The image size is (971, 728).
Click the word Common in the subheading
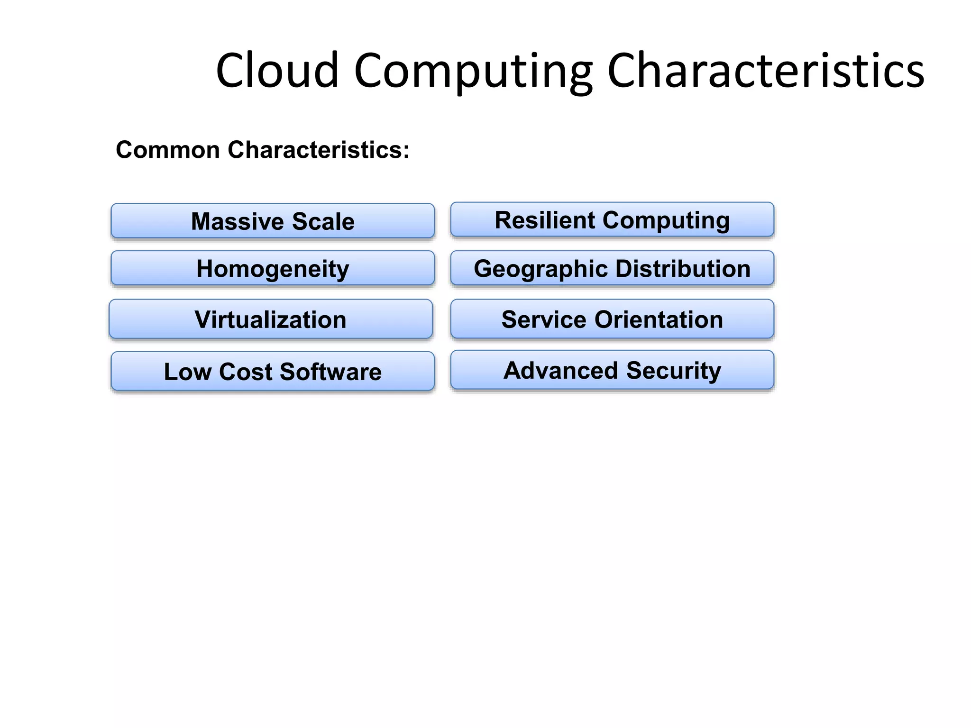[x=168, y=150]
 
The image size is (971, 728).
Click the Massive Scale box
[x=273, y=221]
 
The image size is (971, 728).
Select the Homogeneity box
[x=273, y=268]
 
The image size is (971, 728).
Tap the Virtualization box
[x=271, y=319]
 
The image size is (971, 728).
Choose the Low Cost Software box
[x=273, y=371]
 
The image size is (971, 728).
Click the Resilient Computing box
[x=612, y=219]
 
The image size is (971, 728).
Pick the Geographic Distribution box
[x=612, y=268]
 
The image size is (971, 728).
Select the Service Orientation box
[x=612, y=319]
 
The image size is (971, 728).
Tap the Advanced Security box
[x=612, y=370]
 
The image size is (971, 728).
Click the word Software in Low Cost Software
[x=330, y=372]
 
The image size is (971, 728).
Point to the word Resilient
[x=545, y=220]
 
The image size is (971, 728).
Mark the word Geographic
[x=540, y=269]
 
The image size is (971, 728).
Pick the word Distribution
[x=683, y=269]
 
